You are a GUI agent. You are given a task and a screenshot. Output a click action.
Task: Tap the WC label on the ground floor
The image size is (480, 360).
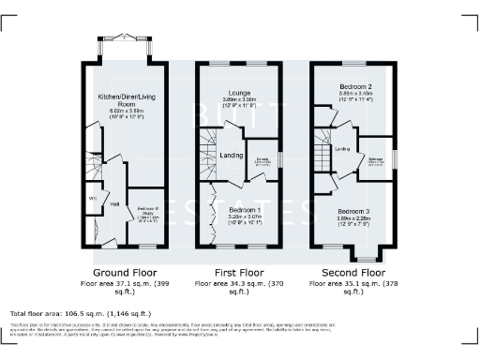[93, 198]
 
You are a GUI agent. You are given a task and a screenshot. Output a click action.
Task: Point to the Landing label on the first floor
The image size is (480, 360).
[231, 156]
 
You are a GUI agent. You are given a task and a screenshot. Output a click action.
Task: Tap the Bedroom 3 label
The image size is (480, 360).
[355, 212]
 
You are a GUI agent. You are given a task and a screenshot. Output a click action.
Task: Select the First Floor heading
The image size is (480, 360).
[238, 270]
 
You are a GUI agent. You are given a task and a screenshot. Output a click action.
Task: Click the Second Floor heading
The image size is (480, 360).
[353, 270]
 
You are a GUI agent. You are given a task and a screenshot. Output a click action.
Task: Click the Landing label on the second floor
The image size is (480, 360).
[343, 148]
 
